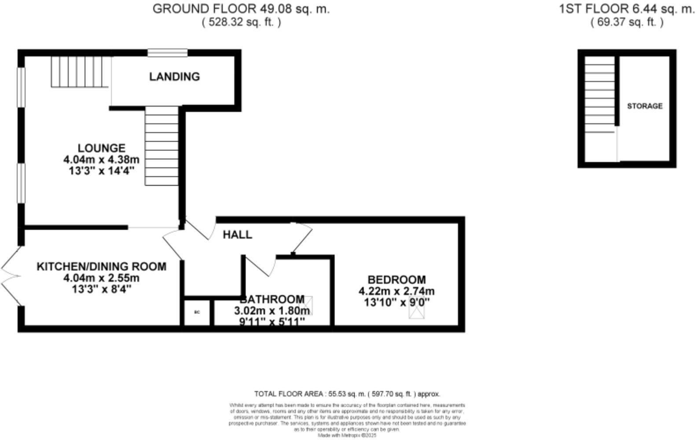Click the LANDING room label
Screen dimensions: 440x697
click(x=174, y=77)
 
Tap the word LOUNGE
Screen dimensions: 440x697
click(x=102, y=148)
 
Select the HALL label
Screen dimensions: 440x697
click(x=237, y=235)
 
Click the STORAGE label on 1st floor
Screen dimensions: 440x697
click(x=645, y=106)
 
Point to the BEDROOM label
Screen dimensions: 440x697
click(x=396, y=280)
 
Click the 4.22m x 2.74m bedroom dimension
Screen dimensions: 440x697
click(x=396, y=291)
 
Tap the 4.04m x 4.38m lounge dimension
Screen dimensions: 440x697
click(x=102, y=159)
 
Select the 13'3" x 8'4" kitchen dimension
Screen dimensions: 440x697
click(x=101, y=289)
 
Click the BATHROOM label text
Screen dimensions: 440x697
click(x=272, y=299)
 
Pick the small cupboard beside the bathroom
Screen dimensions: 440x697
click(x=197, y=312)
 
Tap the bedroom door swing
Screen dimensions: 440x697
click(x=301, y=238)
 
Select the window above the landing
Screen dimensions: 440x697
click(x=167, y=53)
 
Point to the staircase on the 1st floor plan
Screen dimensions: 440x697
click(x=599, y=97)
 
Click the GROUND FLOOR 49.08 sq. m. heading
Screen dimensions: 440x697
click(x=241, y=9)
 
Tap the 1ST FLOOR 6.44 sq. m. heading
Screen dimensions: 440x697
click(x=627, y=9)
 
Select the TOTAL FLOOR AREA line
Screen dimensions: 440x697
click(x=347, y=394)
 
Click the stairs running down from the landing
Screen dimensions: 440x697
click(x=161, y=147)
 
